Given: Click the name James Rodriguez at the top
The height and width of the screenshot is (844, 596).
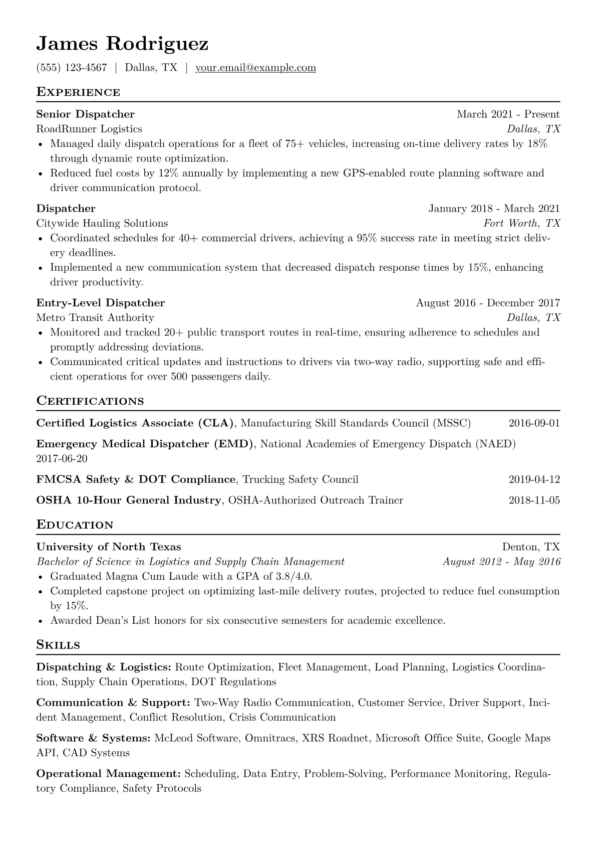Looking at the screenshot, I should pos(122,44).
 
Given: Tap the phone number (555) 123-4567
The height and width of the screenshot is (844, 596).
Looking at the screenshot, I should pos(72,68).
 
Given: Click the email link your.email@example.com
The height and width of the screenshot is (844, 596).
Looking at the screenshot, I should pos(255,68).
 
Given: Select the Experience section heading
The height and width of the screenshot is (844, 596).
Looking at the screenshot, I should pos(78,92).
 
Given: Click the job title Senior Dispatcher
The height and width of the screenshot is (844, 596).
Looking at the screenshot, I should pos(85,114).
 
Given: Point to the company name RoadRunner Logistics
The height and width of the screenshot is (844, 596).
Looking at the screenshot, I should pos(89,129).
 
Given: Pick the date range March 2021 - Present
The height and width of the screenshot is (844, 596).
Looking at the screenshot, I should pos(508,114).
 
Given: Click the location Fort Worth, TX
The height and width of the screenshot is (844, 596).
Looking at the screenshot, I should pos(521,223).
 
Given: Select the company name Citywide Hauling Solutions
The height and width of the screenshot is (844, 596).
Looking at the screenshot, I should pos(102,223).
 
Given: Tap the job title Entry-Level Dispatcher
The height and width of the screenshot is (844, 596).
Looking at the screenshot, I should pos(100,303).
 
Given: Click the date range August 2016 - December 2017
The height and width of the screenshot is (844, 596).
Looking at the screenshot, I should pos(488,303).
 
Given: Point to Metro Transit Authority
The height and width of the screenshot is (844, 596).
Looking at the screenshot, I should pos(95,317).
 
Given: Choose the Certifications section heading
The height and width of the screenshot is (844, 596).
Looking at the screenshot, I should pos(90,401).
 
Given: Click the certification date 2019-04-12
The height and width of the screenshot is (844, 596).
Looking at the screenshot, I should pos(534,479).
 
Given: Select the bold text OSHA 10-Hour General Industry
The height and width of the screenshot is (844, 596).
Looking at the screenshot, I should pos(129,500).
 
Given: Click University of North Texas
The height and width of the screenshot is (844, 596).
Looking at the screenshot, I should pos(109,547).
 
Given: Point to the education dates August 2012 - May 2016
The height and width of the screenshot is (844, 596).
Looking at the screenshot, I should pos(501,562).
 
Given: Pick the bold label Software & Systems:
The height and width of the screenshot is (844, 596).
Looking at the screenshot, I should pos(94,738).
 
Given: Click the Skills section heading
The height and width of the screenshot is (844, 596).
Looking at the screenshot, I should pos(58,645).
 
